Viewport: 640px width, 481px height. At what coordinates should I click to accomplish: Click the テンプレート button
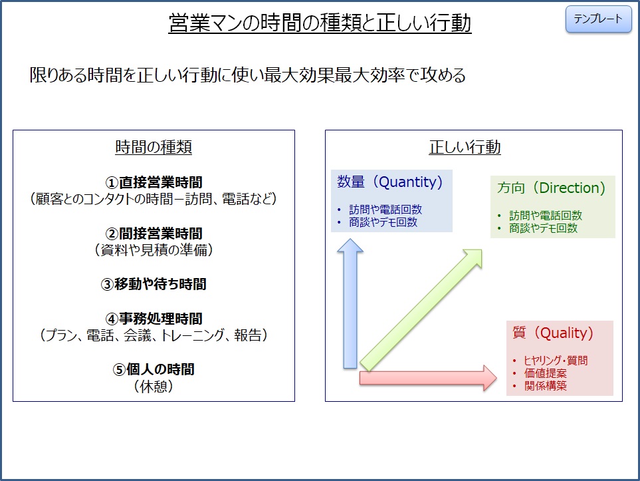coord(598,19)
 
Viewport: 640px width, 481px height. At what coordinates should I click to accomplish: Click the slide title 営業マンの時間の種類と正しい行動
coord(320,23)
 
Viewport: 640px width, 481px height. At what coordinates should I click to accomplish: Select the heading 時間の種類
coord(154,147)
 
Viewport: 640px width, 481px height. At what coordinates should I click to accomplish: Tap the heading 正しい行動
coord(465,147)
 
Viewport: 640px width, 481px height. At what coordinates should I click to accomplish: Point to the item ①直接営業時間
coord(154,182)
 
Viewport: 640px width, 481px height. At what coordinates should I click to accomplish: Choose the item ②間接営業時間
coord(154,234)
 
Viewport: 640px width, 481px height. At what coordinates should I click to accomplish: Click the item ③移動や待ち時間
coord(154,284)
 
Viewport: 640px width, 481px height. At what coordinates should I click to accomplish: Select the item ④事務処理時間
coord(154,319)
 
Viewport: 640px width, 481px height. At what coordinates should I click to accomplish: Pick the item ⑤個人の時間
coord(154,369)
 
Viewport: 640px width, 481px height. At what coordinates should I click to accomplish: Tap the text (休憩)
coord(154,386)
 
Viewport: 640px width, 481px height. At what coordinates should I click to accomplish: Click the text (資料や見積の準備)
coord(154,249)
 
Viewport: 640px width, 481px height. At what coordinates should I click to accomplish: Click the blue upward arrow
coord(350,303)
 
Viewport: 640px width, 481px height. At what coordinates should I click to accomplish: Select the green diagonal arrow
coord(421,311)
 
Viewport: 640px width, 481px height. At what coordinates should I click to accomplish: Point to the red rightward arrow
coord(428,378)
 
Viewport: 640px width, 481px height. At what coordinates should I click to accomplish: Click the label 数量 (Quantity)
coord(390,182)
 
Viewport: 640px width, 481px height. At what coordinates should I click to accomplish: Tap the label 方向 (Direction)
coord(551,188)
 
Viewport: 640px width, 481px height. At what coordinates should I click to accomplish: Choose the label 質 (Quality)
coord(553,333)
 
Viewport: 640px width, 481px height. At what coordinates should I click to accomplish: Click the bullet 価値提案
coord(546,373)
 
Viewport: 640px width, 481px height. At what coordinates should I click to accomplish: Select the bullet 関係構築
coord(546,386)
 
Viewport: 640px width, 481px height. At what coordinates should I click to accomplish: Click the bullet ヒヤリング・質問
coord(556,361)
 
